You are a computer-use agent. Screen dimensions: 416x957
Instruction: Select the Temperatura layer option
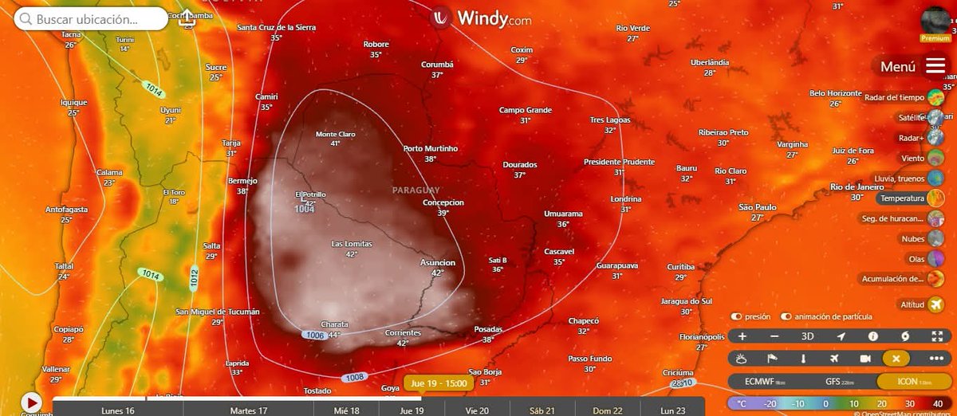[903, 198]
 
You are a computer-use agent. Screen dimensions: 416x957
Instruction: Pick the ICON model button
[907, 381]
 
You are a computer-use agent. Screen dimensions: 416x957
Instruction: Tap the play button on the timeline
[31, 402]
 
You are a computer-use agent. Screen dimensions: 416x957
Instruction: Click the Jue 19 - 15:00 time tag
[439, 383]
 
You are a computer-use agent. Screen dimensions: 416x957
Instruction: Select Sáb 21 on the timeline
[542, 410]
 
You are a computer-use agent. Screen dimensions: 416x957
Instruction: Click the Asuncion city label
[437, 262]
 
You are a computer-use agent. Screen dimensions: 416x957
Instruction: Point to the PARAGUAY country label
[415, 190]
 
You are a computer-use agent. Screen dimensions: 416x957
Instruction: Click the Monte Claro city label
[335, 134]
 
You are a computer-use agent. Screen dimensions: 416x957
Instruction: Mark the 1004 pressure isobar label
[304, 210]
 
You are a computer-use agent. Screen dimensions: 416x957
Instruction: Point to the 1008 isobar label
[354, 377]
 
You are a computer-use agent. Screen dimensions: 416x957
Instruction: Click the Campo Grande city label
[526, 110]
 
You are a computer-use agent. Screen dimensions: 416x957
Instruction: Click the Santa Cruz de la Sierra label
[276, 27]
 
